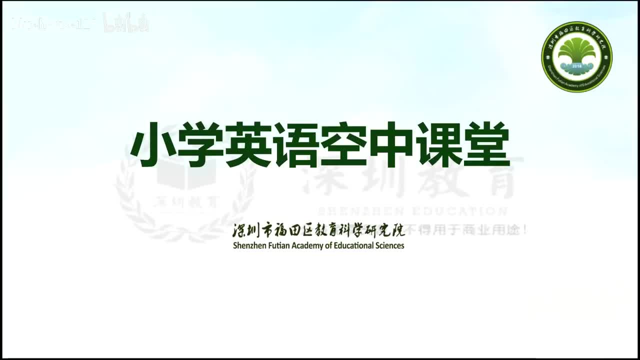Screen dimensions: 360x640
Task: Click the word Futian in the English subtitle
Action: pos(277,245)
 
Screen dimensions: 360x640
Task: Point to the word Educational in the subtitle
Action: pos(353,245)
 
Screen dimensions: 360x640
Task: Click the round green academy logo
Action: pos(576,56)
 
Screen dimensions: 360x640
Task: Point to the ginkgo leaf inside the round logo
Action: pos(576,50)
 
